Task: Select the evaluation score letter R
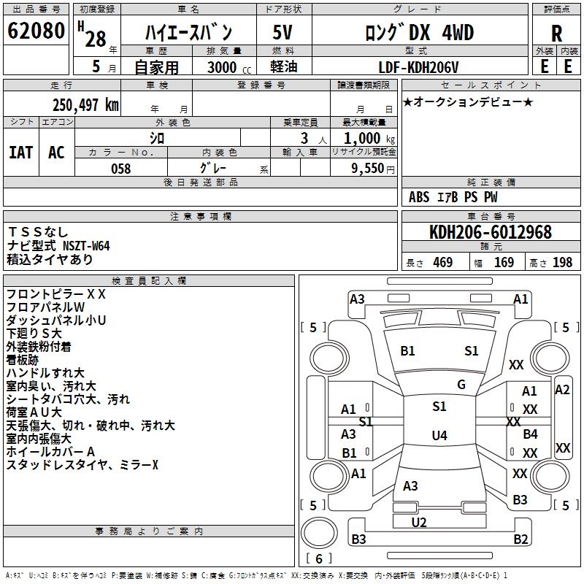556,34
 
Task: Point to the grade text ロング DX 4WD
420,32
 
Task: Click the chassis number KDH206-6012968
491,232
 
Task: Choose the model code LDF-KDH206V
419,67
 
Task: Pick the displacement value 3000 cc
223,68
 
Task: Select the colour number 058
121,169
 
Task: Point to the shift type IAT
20,153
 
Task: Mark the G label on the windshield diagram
461,385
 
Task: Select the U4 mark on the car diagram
439,436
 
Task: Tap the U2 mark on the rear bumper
419,522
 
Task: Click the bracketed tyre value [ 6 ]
319,558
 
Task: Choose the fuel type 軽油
283,67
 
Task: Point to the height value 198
562,263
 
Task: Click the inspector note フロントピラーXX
56,294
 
